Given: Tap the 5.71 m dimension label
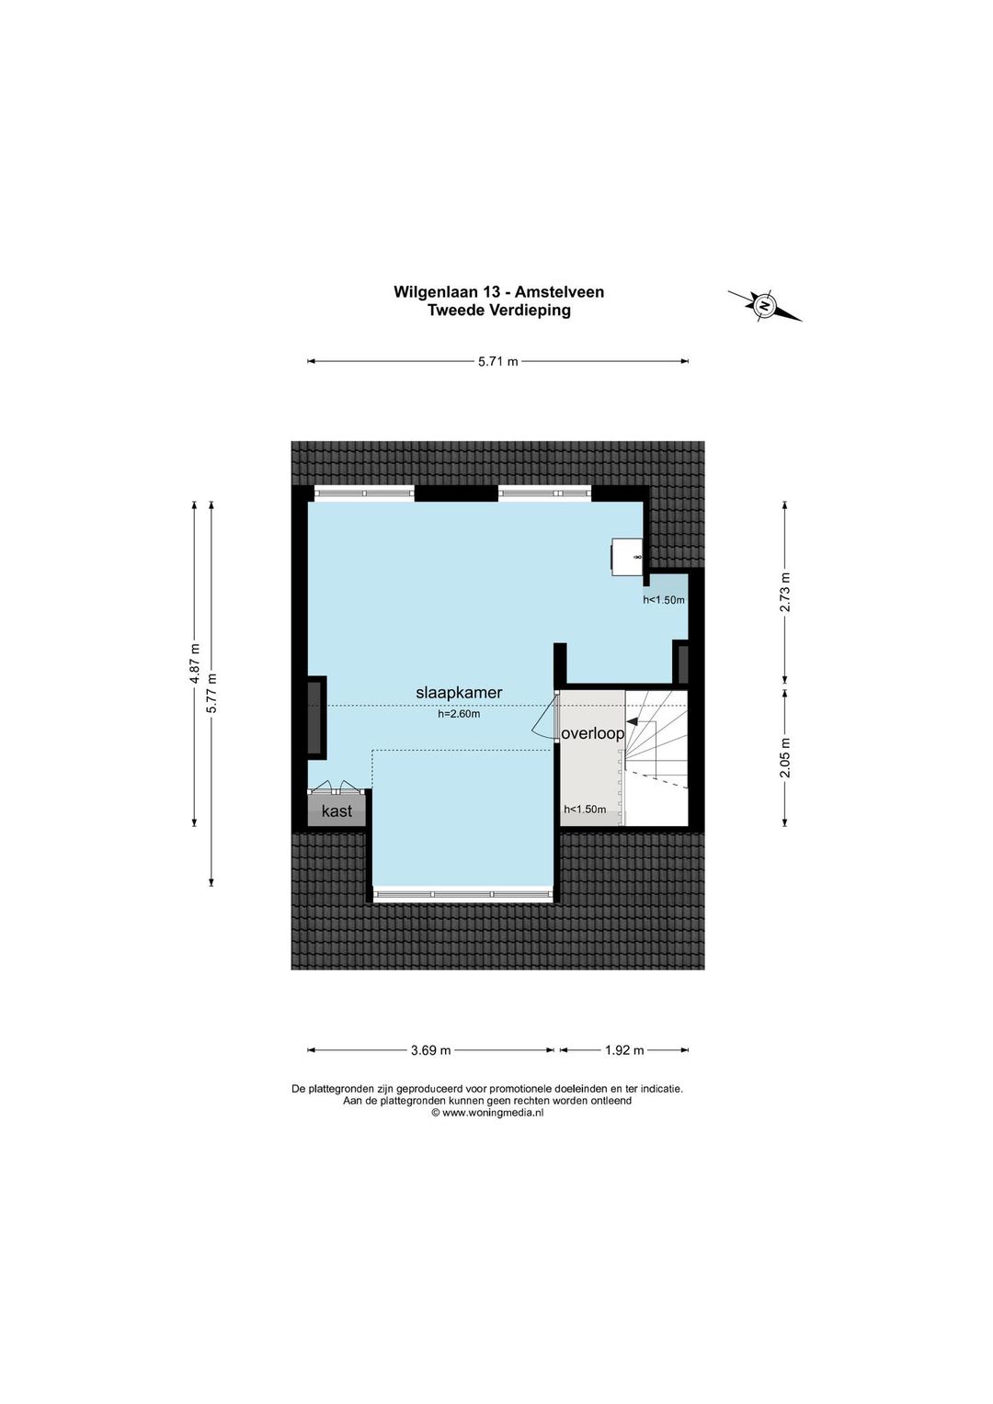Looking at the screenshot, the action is click(498, 361).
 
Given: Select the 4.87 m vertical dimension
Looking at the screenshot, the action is click(195, 663).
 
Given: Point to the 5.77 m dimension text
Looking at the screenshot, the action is click(212, 693).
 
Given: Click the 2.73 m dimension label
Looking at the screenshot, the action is click(784, 594).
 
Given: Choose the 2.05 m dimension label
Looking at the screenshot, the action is click(784, 758).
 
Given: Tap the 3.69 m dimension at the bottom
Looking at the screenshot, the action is click(431, 1050).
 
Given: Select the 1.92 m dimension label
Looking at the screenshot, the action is click(624, 1050).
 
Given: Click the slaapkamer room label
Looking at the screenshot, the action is click(459, 693).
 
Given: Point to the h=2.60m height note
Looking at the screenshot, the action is click(459, 713).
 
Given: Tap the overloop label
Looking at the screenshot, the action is click(593, 734).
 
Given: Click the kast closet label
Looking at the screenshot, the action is click(337, 811).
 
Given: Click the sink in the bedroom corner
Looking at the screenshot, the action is click(628, 556).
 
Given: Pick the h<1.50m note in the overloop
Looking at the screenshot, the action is click(586, 810).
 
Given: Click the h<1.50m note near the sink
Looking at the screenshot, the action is click(664, 600).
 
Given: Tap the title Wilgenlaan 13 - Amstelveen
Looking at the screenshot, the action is click(498, 291).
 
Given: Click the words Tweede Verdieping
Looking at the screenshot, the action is click(499, 310).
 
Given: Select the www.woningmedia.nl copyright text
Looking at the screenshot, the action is click(486, 1113).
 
